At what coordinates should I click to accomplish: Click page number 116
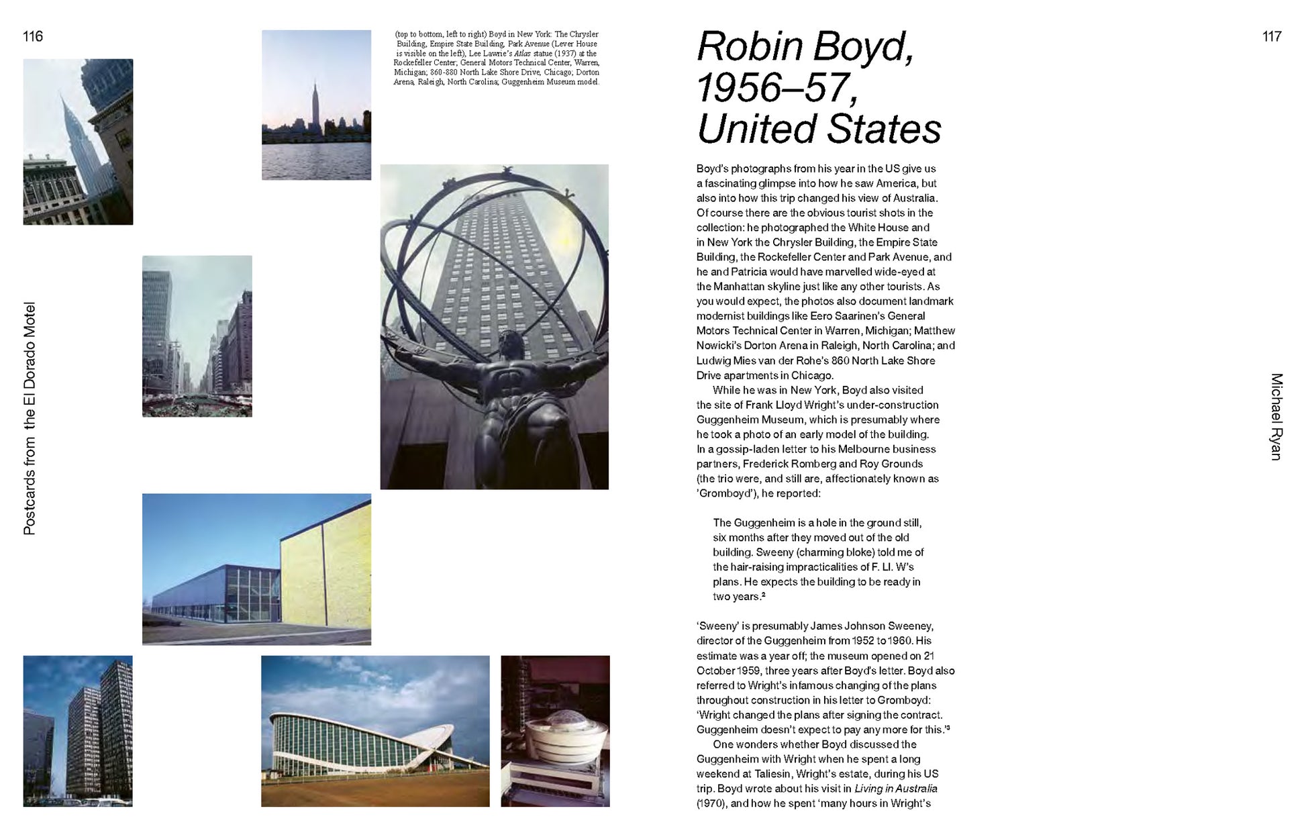(x=32, y=36)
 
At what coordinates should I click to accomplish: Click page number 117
(x=1272, y=36)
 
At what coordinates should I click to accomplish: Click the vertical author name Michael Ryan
(x=1276, y=416)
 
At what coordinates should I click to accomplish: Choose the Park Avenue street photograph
(x=197, y=336)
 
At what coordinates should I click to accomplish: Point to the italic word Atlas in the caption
(x=522, y=54)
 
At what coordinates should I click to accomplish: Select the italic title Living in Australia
(x=895, y=789)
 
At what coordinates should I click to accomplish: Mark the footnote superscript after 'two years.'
(x=763, y=595)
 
